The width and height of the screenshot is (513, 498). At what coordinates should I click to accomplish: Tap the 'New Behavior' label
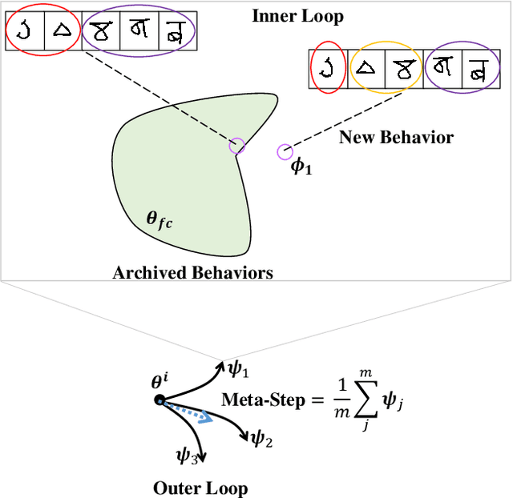coord(396,137)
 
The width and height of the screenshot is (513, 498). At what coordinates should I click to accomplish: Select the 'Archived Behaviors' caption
coord(192,273)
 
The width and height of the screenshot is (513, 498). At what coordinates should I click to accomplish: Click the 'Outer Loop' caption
coord(200,488)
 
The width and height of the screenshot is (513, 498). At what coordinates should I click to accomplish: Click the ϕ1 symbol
coord(301,168)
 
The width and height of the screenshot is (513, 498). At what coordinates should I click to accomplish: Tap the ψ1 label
coord(239,370)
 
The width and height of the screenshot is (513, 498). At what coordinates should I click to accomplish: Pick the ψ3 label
coord(187,456)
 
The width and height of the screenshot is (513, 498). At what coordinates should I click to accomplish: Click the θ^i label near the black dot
coord(160,383)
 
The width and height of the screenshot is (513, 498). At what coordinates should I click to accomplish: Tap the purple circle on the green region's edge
coord(236,146)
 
